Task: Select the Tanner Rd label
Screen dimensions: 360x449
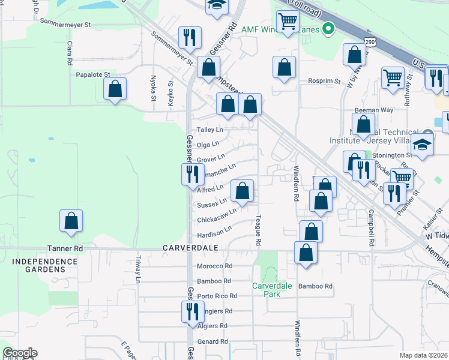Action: [x=65, y=248]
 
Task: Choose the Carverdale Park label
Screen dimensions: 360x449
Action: [x=272, y=290]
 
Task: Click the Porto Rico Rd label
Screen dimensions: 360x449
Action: [x=217, y=296]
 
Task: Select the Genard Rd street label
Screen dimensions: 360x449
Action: [x=212, y=341]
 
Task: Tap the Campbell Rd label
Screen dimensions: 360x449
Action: [x=372, y=221]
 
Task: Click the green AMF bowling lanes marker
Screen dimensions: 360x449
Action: [x=328, y=29]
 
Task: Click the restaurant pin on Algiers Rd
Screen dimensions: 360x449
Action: [x=192, y=311]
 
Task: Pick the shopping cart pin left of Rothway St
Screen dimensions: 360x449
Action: [x=393, y=77]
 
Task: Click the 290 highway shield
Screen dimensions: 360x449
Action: [x=370, y=41]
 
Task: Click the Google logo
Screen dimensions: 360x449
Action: [x=20, y=353]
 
